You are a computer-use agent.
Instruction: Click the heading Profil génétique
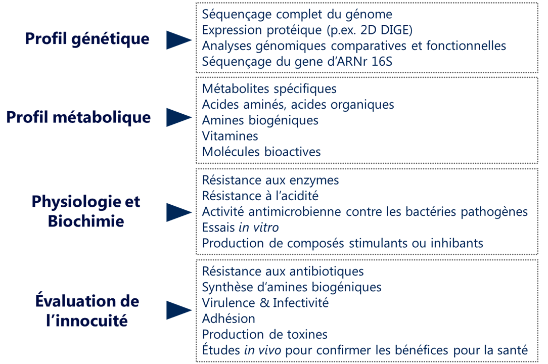tap(87, 39)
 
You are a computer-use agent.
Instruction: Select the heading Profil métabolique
tap(79, 118)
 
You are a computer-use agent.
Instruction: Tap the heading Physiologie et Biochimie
tap(86, 211)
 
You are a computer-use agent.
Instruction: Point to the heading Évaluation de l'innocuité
tap(87, 310)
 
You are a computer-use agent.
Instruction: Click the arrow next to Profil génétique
tap(179, 40)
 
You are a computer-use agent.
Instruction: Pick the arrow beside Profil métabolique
tap(179, 117)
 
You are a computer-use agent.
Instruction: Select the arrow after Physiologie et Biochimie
tap(179, 212)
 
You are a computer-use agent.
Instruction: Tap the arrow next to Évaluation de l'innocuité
tap(179, 310)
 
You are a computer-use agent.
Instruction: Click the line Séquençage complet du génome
tap(297, 15)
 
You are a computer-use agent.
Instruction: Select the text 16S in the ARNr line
tap(382, 62)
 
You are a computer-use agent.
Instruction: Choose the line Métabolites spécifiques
tap(269, 89)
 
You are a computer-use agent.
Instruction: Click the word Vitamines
tap(230, 136)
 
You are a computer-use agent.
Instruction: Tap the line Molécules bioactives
tap(261, 152)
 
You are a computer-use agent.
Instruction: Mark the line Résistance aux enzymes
tap(270, 180)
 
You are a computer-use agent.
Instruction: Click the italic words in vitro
tap(259, 227)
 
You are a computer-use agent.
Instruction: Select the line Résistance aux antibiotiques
tap(283, 271)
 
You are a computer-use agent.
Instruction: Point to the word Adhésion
tap(229, 318)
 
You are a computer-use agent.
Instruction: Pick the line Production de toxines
tap(264, 335)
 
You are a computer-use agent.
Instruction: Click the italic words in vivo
tap(262, 350)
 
